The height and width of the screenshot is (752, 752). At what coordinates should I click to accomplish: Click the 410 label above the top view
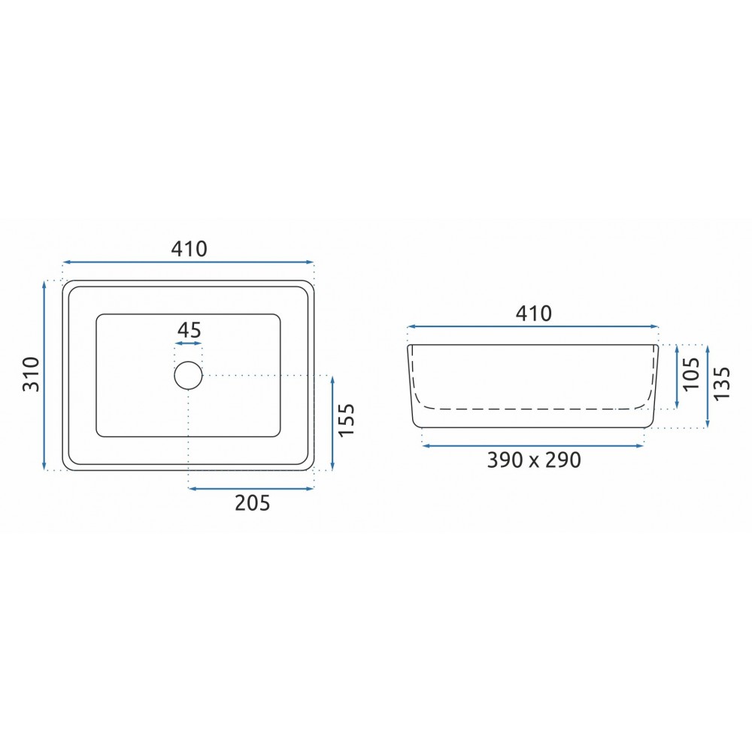(x=189, y=248)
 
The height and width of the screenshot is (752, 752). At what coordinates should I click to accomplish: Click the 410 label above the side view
(x=533, y=313)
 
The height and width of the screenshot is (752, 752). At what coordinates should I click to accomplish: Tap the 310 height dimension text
(x=31, y=374)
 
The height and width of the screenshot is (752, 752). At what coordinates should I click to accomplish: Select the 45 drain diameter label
(x=189, y=330)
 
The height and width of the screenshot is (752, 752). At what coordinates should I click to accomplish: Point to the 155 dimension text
(x=346, y=420)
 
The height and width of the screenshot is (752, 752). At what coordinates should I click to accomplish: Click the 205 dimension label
(x=252, y=503)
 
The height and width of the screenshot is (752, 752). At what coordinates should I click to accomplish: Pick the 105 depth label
(x=691, y=374)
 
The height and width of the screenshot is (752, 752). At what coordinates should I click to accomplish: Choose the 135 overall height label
(x=721, y=384)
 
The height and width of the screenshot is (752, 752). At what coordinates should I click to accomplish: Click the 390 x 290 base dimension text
(x=534, y=460)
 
